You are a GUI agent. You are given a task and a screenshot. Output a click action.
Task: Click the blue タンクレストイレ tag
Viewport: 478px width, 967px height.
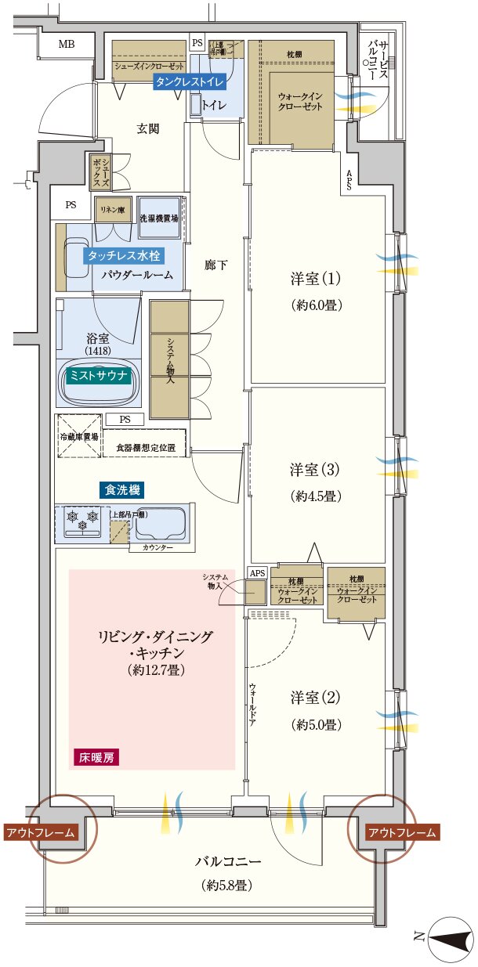pyautogui.click(x=190, y=81)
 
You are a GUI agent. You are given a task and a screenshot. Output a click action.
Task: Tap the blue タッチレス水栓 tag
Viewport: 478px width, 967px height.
pyautogui.click(x=122, y=255)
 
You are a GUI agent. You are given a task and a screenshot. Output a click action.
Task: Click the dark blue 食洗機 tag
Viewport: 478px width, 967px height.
pyautogui.click(x=123, y=490)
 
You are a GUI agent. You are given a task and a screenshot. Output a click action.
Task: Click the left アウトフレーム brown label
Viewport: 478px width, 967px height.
pyautogui.click(x=42, y=832)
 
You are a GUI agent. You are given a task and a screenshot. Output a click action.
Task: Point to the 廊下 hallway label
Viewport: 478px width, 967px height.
pyautogui.click(x=215, y=265)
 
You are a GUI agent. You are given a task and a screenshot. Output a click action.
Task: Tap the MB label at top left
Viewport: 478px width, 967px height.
pyautogui.click(x=67, y=45)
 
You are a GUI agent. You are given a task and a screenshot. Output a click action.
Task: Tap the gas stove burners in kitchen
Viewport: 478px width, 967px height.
pyautogui.click(x=83, y=518)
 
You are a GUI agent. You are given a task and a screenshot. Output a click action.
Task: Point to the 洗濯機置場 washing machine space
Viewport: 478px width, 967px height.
pyautogui.click(x=158, y=218)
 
